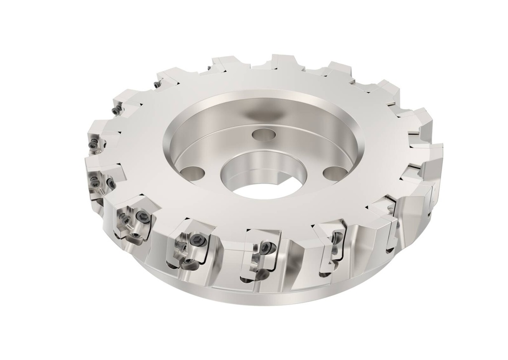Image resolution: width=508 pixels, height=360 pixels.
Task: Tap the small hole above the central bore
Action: click(263, 134)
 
